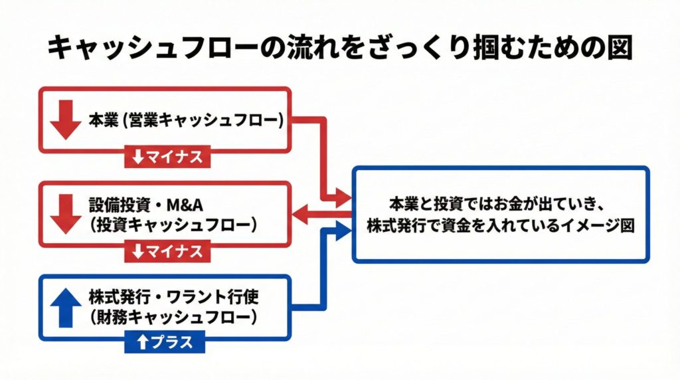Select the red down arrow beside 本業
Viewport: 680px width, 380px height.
click(65, 120)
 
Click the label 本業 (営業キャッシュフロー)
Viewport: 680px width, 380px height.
click(187, 121)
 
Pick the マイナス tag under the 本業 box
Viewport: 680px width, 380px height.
click(167, 157)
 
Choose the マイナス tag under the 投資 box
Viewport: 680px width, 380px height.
click(167, 252)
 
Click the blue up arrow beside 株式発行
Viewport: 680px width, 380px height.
click(65, 308)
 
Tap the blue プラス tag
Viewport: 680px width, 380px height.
click(165, 343)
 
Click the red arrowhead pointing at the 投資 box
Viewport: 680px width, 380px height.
click(301, 214)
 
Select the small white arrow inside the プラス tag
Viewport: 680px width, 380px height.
click(141, 343)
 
